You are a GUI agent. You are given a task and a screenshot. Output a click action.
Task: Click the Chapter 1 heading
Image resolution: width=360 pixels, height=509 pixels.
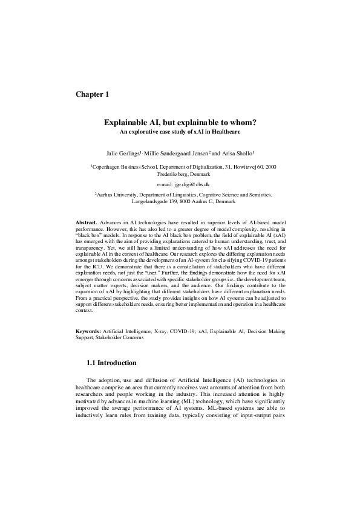[x=92, y=94]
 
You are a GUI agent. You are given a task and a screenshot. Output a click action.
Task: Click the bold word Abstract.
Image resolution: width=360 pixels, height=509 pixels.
[x=85, y=224]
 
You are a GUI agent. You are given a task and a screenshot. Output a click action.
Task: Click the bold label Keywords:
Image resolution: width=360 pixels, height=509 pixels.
[x=88, y=332]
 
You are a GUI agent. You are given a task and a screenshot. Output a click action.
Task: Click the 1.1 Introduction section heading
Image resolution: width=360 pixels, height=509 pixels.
[x=111, y=363]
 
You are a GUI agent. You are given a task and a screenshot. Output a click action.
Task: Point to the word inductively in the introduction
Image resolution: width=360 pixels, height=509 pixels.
[x=94, y=417]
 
